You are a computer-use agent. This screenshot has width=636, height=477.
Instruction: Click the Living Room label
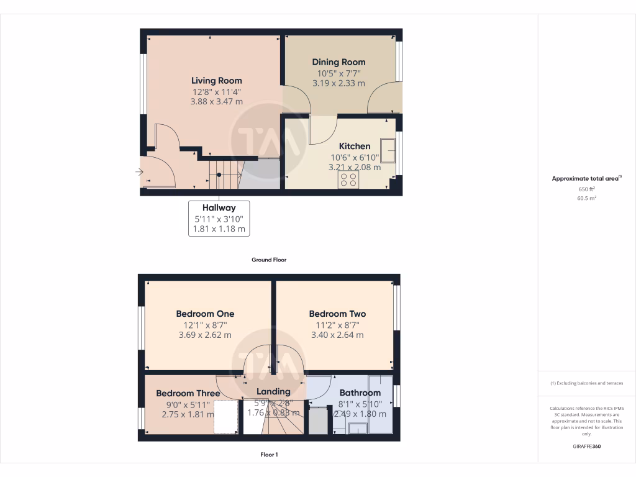pos(216,81)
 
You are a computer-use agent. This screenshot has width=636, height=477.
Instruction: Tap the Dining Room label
pos(338,62)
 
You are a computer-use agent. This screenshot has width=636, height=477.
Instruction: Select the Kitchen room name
pos(355,147)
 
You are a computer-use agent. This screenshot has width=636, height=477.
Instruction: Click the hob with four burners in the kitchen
pos(348,179)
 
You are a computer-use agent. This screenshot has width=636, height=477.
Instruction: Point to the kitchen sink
pos(388,149)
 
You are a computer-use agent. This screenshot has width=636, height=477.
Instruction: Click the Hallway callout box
pos(219,218)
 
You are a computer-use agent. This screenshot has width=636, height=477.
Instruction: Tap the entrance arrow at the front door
pos(139,172)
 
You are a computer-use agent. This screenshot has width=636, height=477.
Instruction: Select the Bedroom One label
pos(205,314)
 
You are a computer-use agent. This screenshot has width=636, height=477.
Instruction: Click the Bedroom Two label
pos(337,314)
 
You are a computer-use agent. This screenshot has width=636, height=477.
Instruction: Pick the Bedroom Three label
pos(188,394)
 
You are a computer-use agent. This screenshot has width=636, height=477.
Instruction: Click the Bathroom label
pos(360,393)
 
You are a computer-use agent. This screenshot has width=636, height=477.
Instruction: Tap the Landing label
pos(273,392)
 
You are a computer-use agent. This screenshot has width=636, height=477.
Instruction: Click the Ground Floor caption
pos(269,260)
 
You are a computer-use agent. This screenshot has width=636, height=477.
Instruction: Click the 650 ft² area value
pos(587,189)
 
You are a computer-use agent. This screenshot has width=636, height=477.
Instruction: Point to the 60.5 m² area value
pos(587,199)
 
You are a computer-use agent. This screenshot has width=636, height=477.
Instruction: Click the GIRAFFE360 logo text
pos(587,447)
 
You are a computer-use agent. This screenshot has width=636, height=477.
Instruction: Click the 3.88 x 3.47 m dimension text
pos(216,102)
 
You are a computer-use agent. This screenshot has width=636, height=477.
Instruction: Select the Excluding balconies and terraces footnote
pos(587,383)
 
